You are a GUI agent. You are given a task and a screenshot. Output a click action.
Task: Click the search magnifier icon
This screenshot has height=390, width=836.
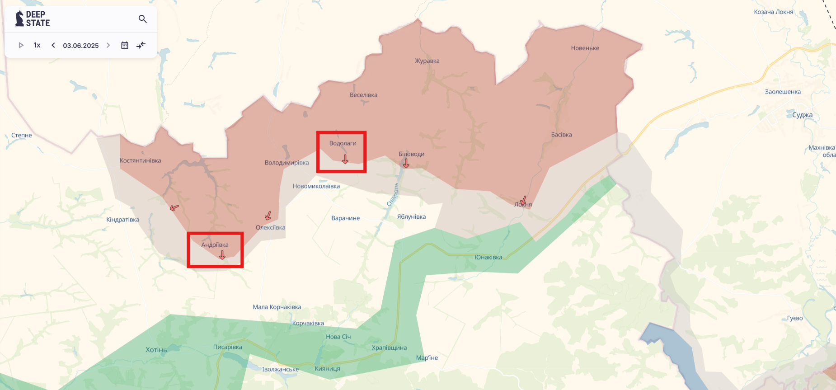[x=143, y=19]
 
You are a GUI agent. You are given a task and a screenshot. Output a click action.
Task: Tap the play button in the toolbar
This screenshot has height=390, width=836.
[x=21, y=45]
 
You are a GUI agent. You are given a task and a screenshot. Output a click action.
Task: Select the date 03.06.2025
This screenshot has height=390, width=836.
[x=80, y=46]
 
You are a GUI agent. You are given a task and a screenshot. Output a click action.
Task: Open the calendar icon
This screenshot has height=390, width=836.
[x=125, y=45]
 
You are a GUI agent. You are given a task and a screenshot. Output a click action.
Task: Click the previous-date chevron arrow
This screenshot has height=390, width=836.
[x=53, y=45]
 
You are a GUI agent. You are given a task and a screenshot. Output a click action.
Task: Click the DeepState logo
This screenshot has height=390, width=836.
[x=33, y=19]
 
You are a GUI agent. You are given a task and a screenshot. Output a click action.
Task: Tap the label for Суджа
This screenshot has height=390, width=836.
[x=802, y=115]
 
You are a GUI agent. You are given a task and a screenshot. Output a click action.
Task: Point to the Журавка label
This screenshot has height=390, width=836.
[x=427, y=61]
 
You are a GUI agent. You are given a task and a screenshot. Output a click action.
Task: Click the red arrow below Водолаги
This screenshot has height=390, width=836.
[x=345, y=159]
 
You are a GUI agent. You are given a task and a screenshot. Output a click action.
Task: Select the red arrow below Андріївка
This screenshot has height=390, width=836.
[x=222, y=255]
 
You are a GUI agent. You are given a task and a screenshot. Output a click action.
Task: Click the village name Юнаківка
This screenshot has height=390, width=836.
[x=488, y=257]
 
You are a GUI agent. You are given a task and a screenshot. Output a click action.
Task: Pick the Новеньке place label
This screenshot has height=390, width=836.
[x=585, y=48]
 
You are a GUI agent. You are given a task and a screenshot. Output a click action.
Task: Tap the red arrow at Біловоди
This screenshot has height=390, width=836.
[x=406, y=164]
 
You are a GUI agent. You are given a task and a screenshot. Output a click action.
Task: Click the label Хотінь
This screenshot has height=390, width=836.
[x=156, y=350]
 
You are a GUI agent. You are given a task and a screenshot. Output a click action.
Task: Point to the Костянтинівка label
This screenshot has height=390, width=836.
[x=140, y=161]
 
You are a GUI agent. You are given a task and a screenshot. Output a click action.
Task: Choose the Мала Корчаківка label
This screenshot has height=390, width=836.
[x=277, y=307]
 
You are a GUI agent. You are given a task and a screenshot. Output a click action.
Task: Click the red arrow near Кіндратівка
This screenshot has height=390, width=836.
[x=174, y=208]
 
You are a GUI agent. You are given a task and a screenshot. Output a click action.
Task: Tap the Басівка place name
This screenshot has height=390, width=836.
[x=561, y=135]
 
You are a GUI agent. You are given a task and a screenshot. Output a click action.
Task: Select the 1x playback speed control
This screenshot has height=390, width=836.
[x=37, y=45]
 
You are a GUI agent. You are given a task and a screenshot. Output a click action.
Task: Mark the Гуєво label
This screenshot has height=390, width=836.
[x=794, y=318]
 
